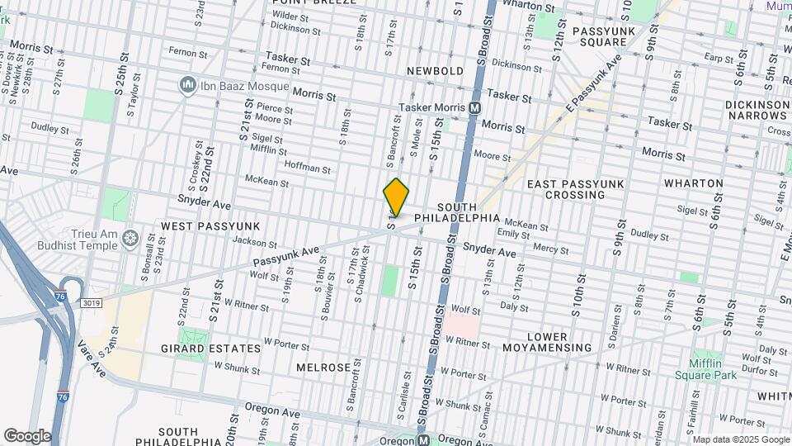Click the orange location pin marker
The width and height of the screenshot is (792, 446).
tap(396, 197)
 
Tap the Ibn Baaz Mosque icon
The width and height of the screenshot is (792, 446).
tap(187, 85)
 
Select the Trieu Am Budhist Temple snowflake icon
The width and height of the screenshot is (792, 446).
tap(130, 239)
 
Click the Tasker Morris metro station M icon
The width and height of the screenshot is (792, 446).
tap(475, 108)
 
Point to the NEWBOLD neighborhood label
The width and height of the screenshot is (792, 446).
tap(435, 71)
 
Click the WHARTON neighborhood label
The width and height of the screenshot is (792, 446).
tap(695, 183)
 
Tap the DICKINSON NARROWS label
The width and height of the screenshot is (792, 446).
tap(757, 111)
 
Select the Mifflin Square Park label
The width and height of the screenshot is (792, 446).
tap(713, 369)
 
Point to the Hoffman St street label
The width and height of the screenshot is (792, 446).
tap(307, 168)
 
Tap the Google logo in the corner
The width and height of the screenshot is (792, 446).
tap(27, 435)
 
